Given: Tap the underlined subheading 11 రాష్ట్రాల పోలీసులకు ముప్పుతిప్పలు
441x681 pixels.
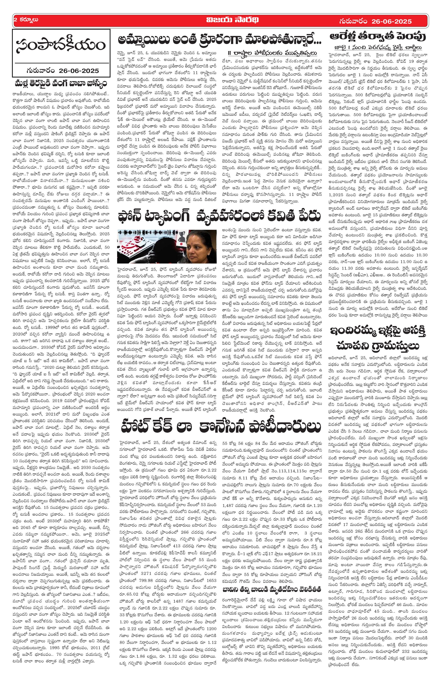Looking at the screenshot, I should [x=272, y=54].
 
